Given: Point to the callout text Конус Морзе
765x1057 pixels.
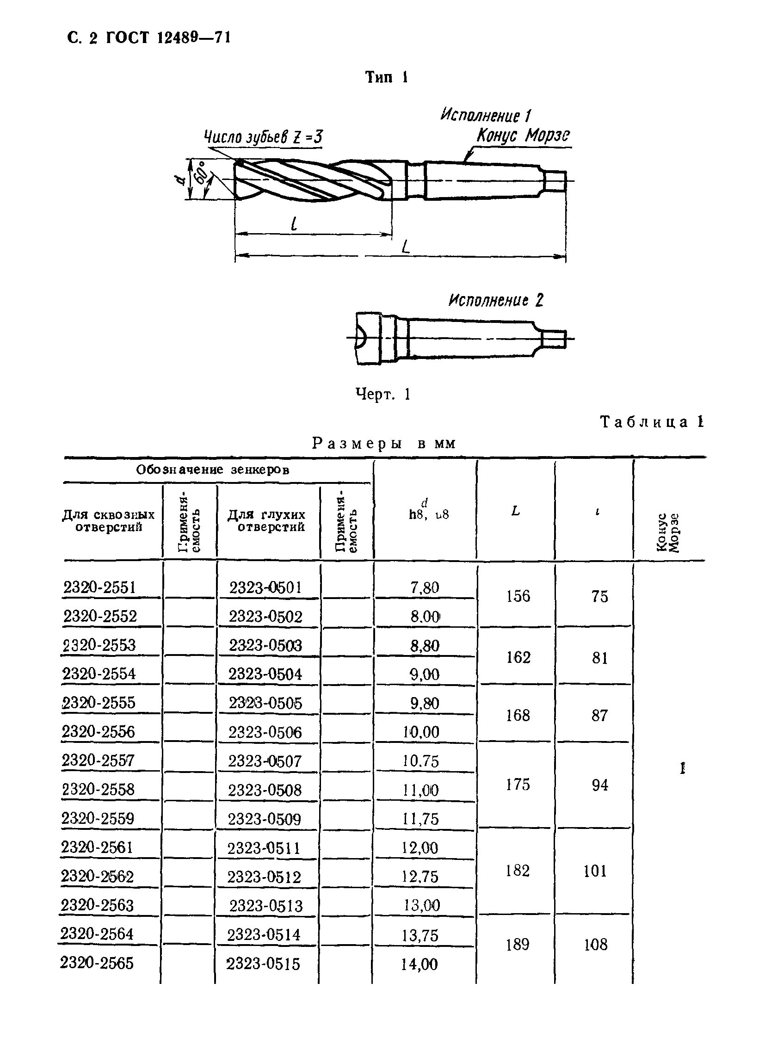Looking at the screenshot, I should pos(523,136).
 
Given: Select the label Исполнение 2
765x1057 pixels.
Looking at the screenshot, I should pos(496,301).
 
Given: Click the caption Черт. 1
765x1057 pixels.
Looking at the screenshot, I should pos(382,395).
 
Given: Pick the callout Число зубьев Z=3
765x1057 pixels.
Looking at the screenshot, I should pos(264,137).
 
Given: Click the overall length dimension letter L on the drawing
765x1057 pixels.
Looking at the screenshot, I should pos(406,247).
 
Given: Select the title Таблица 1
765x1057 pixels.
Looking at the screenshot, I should pos(652,422).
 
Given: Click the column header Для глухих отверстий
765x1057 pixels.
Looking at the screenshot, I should pos(267,520).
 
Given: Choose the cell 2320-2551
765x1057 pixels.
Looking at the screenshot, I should pos(100,587).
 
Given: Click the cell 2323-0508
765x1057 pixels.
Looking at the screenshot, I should pos(265,790).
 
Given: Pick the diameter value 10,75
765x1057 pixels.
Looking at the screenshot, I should pos(421,761).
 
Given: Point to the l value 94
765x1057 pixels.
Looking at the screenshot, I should pos(599,785).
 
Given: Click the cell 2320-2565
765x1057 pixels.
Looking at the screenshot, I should pos(97,963).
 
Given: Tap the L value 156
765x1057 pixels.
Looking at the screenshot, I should pos(518,597).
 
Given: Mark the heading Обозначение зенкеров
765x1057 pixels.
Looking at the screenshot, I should pos(212,470).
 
